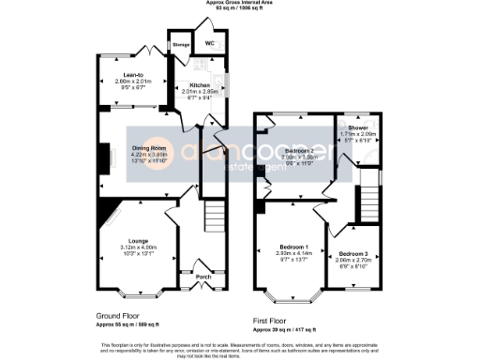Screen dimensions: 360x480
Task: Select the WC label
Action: (210, 43)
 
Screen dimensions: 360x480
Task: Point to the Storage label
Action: (179, 44)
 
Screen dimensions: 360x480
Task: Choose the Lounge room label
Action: (138, 239)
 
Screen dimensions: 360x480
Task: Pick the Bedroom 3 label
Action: (353, 254)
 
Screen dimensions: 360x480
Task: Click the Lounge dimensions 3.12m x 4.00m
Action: (138, 247)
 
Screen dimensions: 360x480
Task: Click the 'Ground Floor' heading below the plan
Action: (119, 316)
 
